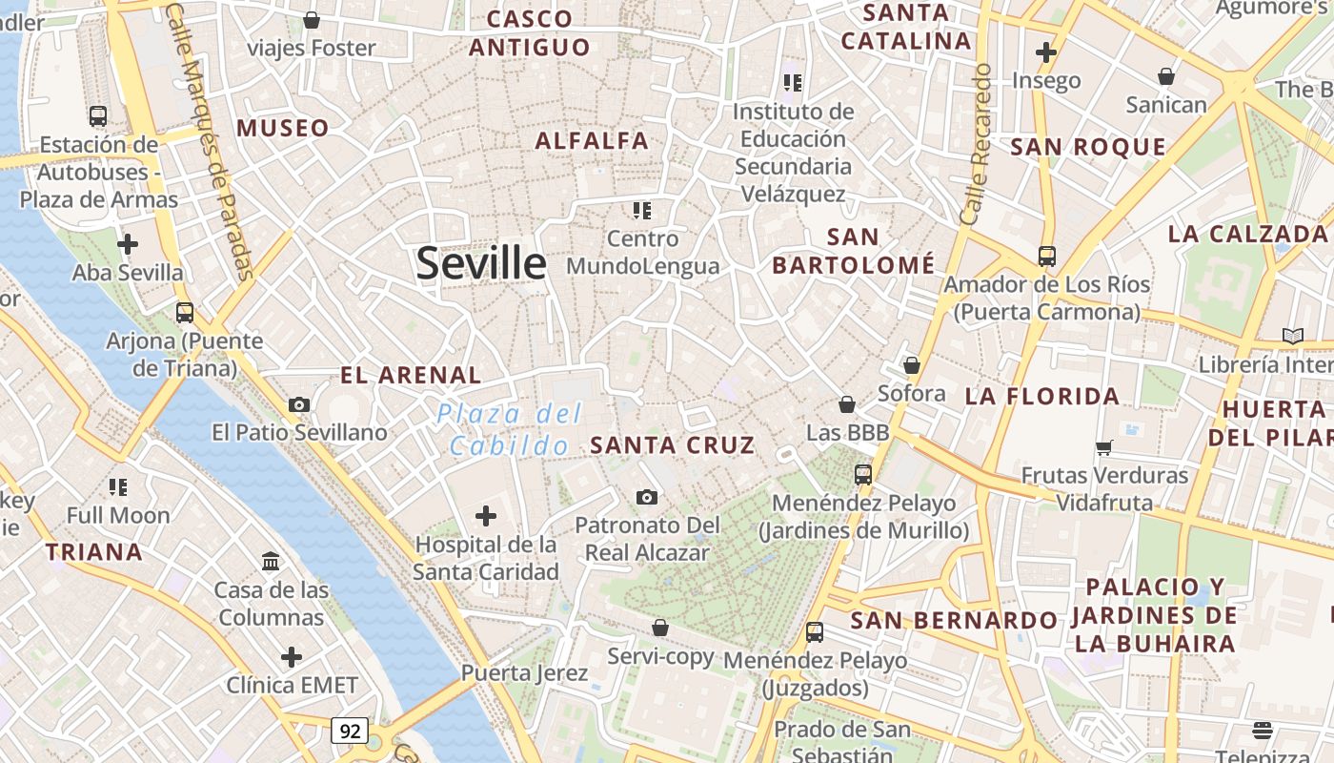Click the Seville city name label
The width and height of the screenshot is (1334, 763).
pyautogui.click(x=481, y=263)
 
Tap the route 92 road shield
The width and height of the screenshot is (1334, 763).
pyautogui.click(x=350, y=731)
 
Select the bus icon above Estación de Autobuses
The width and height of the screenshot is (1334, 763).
pyautogui.click(x=97, y=116)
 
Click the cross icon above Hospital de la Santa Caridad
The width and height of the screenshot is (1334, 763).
pyautogui.click(x=486, y=517)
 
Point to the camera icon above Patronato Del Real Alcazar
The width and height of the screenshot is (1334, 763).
pyautogui.click(x=647, y=497)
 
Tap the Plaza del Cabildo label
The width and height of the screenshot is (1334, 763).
pyautogui.click(x=510, y=429)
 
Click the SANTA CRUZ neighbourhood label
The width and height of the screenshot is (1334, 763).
pyautogui.click(x=673, y=444)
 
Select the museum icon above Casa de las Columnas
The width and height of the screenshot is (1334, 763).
pyautogui.click(x=271, y=561)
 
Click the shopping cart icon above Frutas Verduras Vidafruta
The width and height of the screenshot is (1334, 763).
pyautogui.click(x=1104, y=446)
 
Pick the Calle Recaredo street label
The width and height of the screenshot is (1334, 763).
pyautogui.click(x=977, y=143)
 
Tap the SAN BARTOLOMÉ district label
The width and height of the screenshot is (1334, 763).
pyautogui.click(x=854, y=251)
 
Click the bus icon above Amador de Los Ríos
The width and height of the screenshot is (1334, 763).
pyautogui.click(x=1046, y=256)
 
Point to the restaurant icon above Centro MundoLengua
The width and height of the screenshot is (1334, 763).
pyautogui.click(x=641, y=210)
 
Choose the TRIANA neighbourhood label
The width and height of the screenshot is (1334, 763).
pyautogui.click(x=94, y=551)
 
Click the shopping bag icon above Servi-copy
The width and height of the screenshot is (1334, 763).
pyautogui.click(x=659, y=628)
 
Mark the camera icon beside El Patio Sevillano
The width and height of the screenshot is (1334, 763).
pyautogui.click(x=299, y=404)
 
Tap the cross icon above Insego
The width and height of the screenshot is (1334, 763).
pyautogui.click(x=1046, y=52)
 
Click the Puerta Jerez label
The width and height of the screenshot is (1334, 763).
pyautogui.click(x=524, y=672)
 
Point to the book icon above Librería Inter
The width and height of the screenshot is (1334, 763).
pyautogui.click(x=1292, y=336)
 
